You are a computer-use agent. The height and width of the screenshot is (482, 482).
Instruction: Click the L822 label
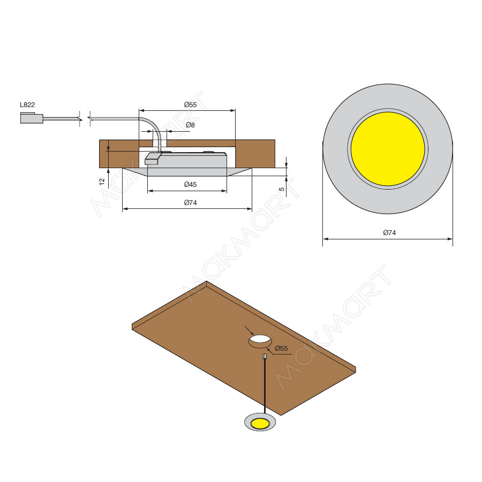tap(27, 104)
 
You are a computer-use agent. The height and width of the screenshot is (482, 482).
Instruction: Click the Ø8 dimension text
tap(190, 125)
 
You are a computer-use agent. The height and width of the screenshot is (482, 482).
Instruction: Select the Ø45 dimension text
tap(190, 184)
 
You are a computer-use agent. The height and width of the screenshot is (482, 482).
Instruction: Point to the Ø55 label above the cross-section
tap(190, 104)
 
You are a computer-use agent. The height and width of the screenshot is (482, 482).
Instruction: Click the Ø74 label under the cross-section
tap(190, 202)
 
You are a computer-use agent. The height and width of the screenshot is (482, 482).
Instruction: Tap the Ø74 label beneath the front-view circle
tap(389, 232)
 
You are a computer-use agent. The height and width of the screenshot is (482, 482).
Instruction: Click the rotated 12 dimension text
tap(102, 182)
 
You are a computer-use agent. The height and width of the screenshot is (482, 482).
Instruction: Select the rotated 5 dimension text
tap(282, 189)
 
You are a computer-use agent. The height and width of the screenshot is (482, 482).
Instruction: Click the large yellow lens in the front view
tap(388, 149)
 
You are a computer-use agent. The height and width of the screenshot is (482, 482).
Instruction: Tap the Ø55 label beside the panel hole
tap(281, 349)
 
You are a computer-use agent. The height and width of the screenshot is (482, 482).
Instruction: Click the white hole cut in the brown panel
tap(260, 340)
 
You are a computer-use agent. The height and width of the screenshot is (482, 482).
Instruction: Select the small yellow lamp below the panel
tap(260, 424)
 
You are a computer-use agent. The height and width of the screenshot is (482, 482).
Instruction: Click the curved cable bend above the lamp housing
tap(150, 122)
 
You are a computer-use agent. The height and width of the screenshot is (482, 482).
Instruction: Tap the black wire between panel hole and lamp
tap(265, 386)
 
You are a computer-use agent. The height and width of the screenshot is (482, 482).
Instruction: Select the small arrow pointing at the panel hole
tap(248, 330)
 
